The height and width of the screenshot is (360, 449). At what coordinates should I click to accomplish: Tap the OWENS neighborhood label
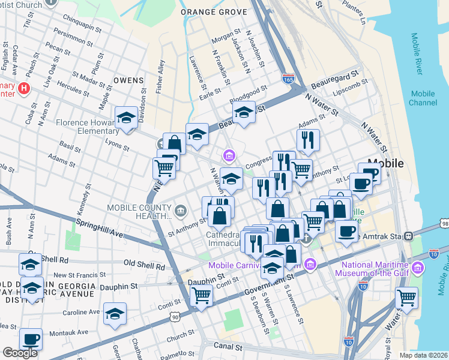click(x=128, y=80)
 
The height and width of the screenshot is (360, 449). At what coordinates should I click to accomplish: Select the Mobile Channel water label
click(x=423, y=98)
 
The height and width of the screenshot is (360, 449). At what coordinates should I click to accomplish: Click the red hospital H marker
click(x=24, y=88)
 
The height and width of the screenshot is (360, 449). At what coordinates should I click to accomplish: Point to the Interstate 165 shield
click(x=288, y=78)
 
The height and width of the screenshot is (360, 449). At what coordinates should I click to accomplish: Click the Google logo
click(x=20, y=353)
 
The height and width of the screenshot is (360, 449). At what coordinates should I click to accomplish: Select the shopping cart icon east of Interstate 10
click(x=406, y=297)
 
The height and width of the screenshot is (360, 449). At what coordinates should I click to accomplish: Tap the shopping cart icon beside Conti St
click(x=201, y=295)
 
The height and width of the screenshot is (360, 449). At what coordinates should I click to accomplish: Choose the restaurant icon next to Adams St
click(x=308, y=140)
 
